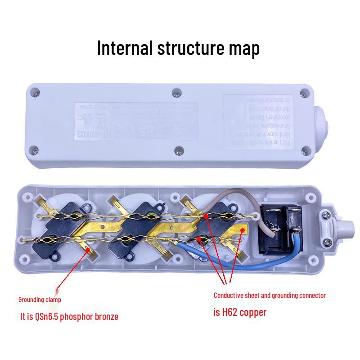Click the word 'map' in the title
[243, 47]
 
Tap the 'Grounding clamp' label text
[40, 299]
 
